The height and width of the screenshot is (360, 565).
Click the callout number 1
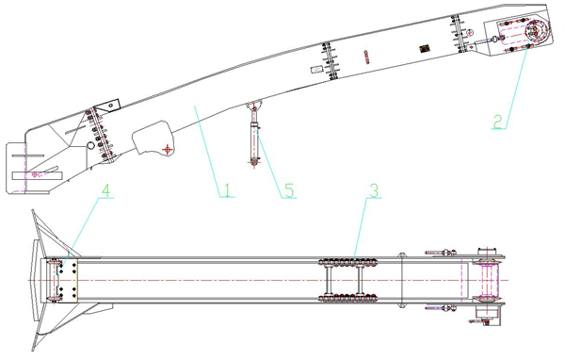[x=227, y=190]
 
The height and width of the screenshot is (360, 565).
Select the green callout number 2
[x=497, y=122]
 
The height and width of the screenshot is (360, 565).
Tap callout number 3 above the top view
[x=375, y=190]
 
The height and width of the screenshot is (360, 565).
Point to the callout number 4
[x=105, y=190]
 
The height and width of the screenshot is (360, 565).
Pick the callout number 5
[x=289, y=190]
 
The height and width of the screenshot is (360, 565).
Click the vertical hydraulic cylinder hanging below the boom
[x=255, y=137]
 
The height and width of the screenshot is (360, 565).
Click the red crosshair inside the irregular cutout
[x=168, y=149]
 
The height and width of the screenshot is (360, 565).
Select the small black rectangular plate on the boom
[x=426, y=48]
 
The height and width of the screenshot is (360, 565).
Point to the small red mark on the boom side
[x=366, y=57]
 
